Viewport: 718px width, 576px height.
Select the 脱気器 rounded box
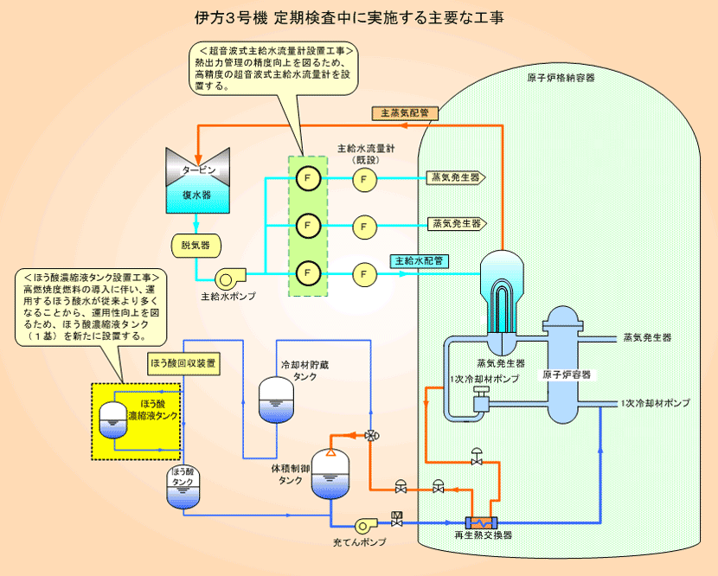click(x=196, y=246)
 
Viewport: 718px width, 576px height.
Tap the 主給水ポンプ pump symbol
click(x=230, y=278)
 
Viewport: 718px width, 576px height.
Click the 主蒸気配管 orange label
click(x=405, y=113)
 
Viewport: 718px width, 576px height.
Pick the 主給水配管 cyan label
click(x=419, y=261)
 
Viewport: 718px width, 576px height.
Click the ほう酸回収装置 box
click(x=183, y=363)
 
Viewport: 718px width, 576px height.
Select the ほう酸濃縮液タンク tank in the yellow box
click(x=113, y=419)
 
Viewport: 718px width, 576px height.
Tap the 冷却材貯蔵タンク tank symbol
click(x=276, y=400)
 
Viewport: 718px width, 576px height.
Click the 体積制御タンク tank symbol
click(x=330, y=474)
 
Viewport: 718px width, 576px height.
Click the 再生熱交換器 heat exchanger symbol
click(x=481, y=523)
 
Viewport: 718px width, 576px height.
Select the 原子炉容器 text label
click(x=567, y=374)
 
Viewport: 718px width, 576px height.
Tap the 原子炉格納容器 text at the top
click(x=561, y=78)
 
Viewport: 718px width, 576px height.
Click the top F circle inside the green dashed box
click(x=308, y=178)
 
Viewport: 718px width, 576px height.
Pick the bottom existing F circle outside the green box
click(x=364, y=274)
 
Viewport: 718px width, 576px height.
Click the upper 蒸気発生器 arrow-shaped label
click(x=456, y=177)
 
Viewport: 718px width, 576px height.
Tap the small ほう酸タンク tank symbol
click(x=183, y=487)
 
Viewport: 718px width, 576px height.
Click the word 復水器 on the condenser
click(x=197, y=195)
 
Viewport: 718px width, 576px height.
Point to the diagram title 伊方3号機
click(x=231, y=18)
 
